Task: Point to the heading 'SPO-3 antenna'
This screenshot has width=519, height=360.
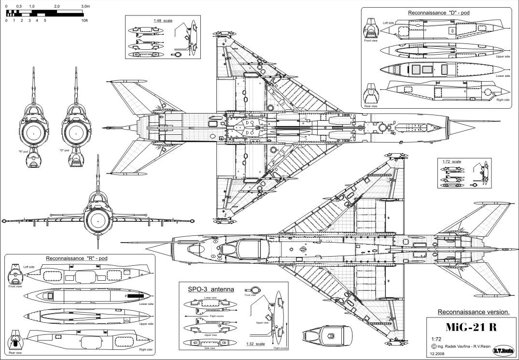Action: click(210, 289)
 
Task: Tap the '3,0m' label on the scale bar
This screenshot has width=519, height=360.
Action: click(85, 5)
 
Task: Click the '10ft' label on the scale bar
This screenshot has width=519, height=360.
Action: click(84, 21)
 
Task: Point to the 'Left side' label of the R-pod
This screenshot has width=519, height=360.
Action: click(29, 267)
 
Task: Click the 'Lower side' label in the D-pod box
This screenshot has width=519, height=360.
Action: click(503, 75)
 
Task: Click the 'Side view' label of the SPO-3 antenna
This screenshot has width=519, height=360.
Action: click(210, 342)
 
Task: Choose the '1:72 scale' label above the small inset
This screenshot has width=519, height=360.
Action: click(451, 161)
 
